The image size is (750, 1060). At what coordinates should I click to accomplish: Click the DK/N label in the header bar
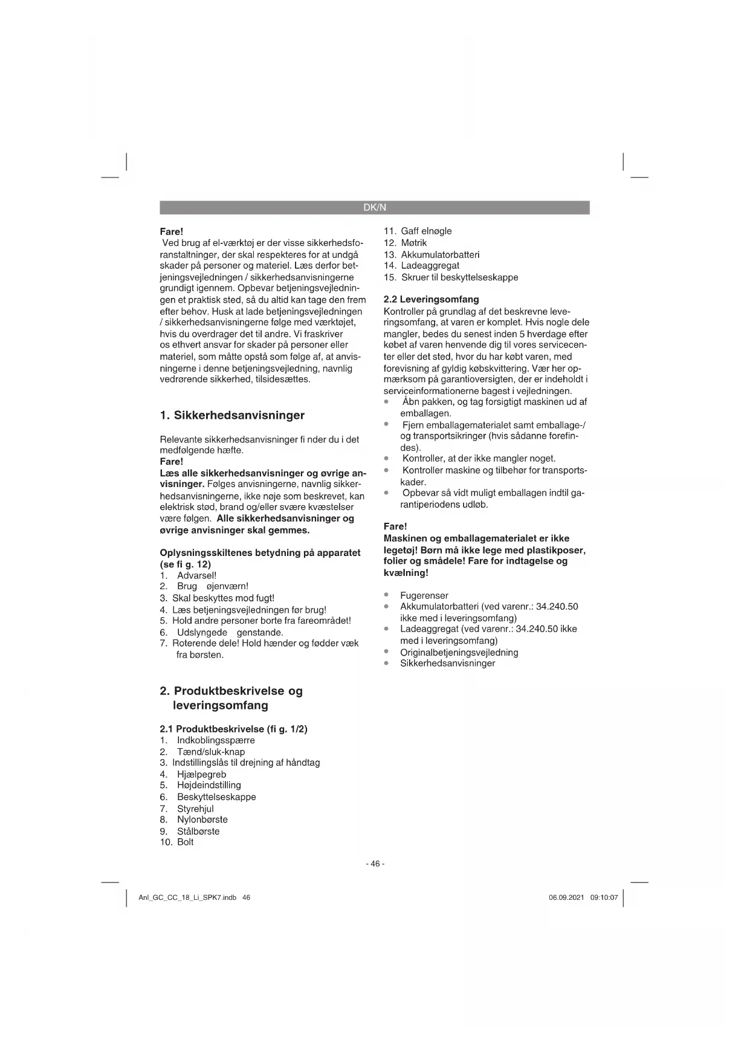coord(375,208)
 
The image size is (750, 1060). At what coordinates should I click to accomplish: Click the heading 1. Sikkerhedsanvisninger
coord(232,415)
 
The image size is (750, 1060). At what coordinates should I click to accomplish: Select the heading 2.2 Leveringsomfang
coord(432,299)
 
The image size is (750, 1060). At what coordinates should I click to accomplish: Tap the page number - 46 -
coord(375,864)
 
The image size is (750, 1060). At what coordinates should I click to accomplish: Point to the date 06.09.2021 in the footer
coord(566,897)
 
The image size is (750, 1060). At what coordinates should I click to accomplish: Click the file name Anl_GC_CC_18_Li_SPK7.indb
coord(187,897)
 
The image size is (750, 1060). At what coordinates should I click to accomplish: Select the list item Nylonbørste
coord(202,819)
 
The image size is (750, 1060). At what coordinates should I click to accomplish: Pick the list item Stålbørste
coord(198,831)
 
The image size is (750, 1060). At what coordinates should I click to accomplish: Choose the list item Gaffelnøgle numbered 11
coord(426,231)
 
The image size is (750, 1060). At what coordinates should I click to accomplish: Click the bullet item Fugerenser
coord(424,595)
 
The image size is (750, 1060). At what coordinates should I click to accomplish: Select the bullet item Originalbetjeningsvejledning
coord(459,652)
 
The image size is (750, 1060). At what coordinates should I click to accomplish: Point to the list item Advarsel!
coord(196,575)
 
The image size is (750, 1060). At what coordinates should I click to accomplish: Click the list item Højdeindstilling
coord(209,785)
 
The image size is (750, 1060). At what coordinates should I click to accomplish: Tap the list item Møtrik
coord(413,242)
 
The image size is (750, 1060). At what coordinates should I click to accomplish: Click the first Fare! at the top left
coord(171,231)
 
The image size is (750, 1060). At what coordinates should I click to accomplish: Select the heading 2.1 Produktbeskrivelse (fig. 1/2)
coord(233,729)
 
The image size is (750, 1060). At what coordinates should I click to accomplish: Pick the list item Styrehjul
coord(195,809)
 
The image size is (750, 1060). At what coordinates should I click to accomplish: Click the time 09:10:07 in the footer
coord(604,897)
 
